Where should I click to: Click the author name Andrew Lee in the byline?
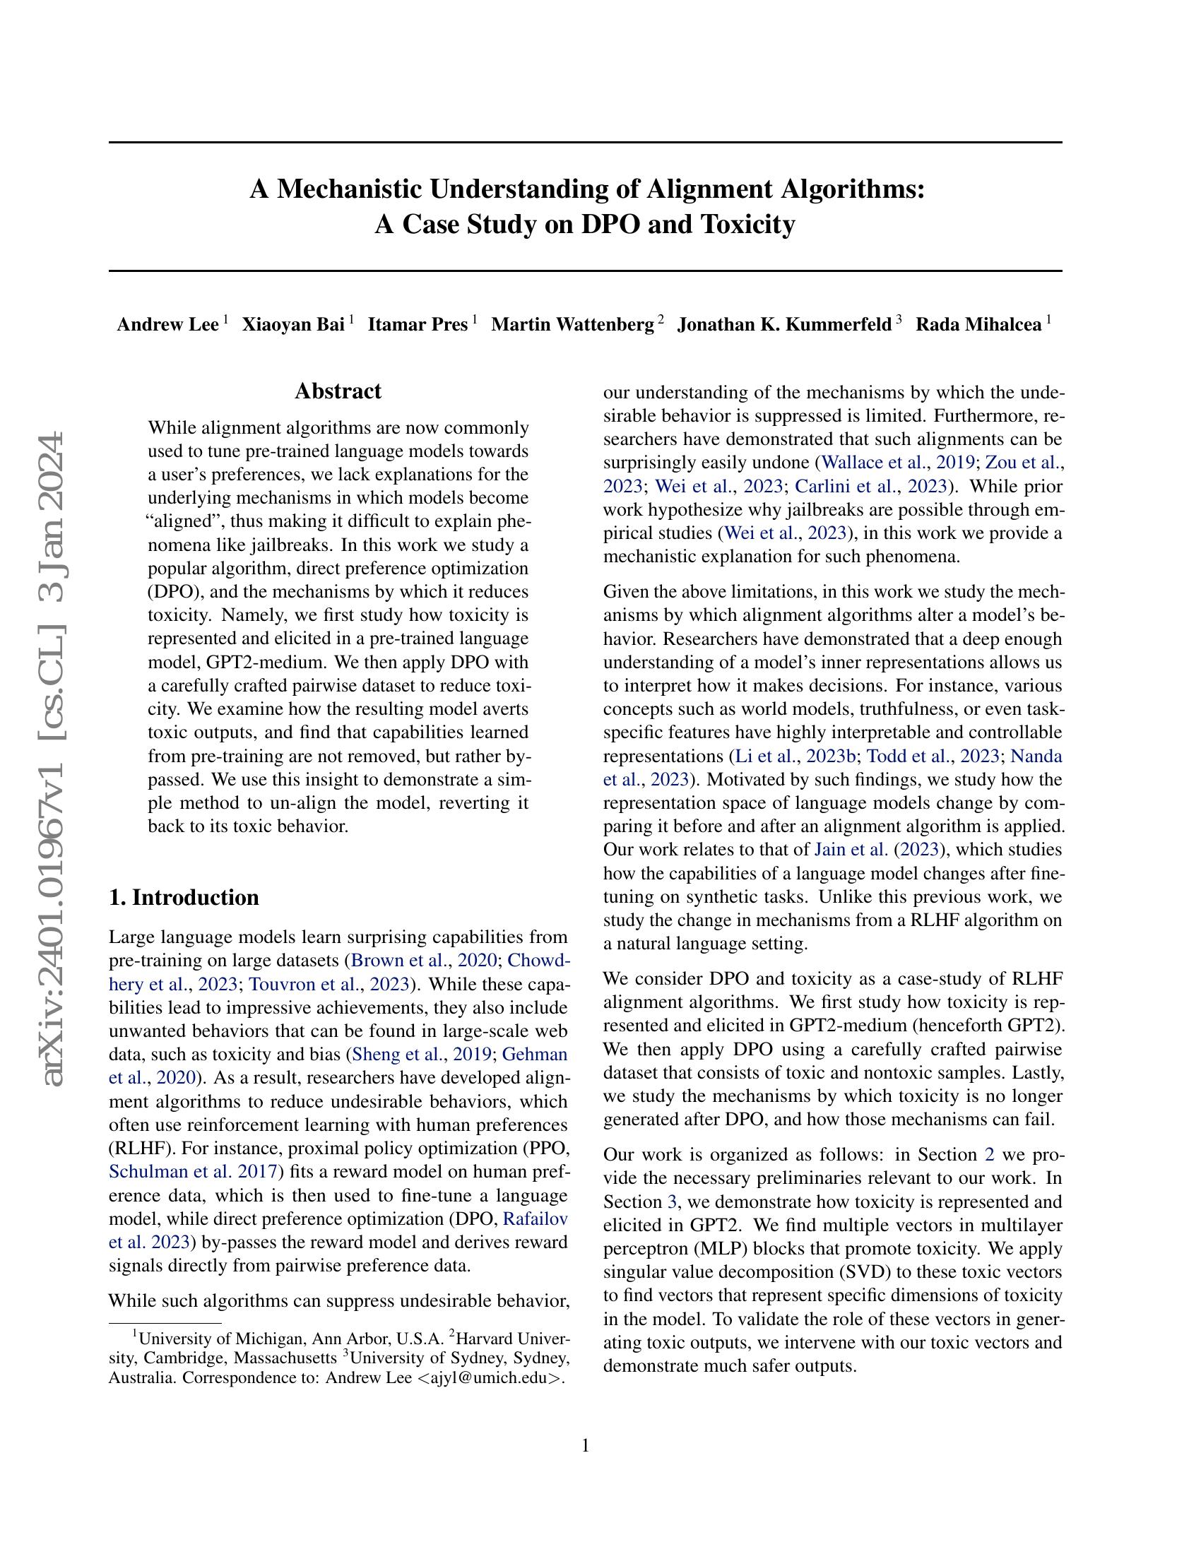(x=168, y=325)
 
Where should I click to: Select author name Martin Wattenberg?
(x=572, y=325)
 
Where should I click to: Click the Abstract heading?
(x=338, y=391)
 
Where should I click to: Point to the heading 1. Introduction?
(x=184, y=897)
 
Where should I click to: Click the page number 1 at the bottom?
(x=586, y=1445)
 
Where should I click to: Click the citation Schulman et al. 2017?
(x=196, y=1171)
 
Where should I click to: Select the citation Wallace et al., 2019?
(x=897, y=463)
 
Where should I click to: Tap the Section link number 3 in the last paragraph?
(x=672, y=1202)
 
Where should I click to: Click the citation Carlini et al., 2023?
(x=871, y=486)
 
